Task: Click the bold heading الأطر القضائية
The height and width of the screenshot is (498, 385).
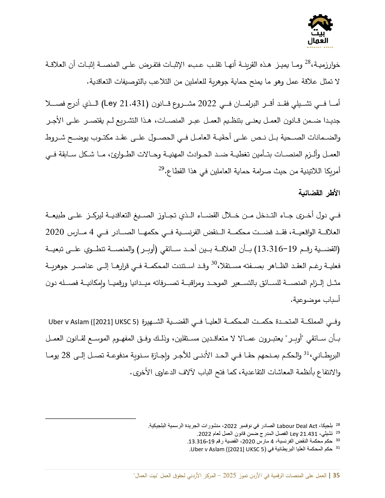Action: [319, 193]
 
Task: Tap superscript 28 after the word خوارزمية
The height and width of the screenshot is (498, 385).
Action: [307, 62]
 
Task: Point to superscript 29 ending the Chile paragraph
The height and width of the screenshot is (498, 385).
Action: [161, 168]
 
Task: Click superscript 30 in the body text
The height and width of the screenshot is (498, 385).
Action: [214, 263]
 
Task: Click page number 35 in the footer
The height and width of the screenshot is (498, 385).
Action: [336, 475]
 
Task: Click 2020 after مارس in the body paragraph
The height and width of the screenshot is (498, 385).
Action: [55, 232]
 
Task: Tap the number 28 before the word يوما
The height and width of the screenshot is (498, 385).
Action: [66, 355]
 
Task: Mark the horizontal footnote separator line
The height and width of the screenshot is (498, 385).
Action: [91, 418]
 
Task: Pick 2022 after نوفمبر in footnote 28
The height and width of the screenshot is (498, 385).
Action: [230, 426]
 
